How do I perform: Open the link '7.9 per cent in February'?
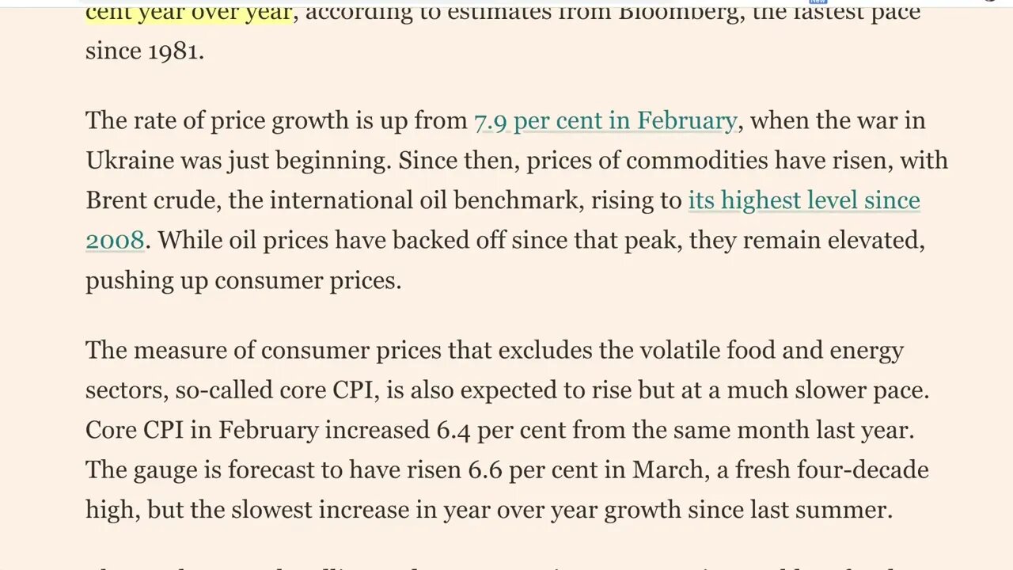click(x=605, y=121)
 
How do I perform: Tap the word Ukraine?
click(x=129, y=161)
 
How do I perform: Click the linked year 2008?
click(x=115, y=240)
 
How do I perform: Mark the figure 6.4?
click(x=453, y=431)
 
